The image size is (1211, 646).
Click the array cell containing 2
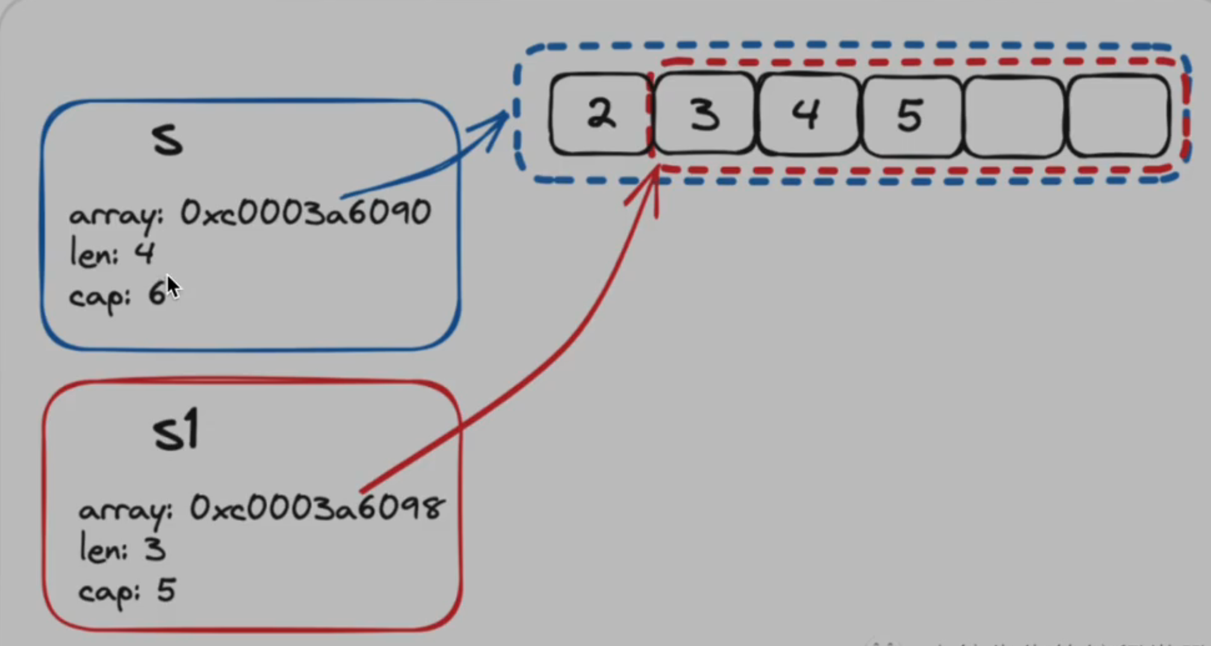tap(600, 114)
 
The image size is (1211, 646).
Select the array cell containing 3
tap(704, 114)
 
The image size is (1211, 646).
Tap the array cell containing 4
tap(807, 114)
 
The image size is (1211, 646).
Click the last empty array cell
tap(1118, 115)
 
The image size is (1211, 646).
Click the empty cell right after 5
tap(1014, 115)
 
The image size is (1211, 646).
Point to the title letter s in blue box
tap(167, 141)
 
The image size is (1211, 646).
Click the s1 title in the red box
tap(175, 431)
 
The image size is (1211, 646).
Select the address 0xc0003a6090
tap(306, 213)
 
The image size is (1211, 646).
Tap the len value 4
tap(144, 253)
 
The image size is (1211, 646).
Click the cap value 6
tap(157, 295)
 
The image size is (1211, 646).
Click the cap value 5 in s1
tap(166, 591)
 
